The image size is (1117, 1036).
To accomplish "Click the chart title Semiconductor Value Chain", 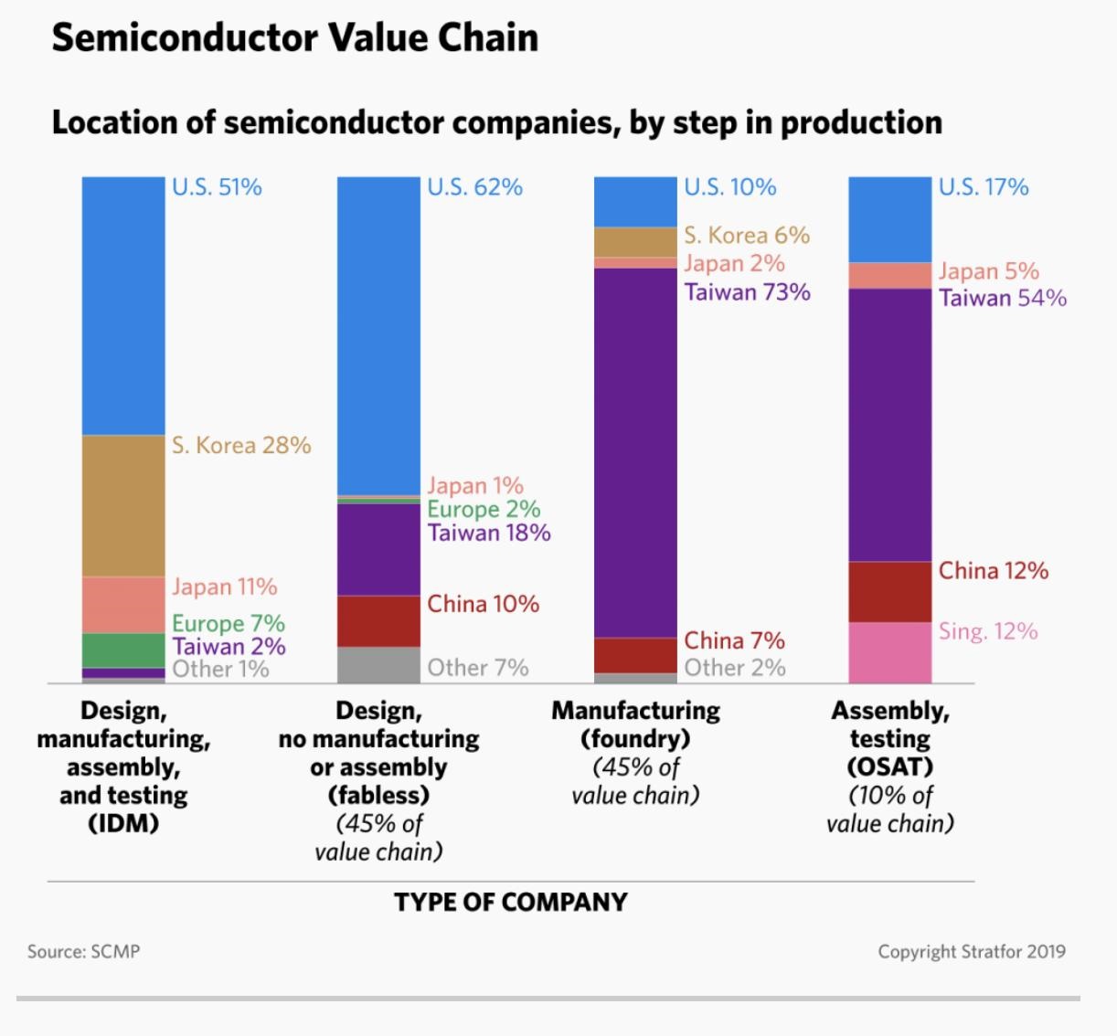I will tap(294, 38).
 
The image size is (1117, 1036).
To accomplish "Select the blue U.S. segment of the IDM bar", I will tap(123, 306).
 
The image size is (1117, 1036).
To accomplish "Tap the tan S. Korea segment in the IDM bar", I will tap(123, 505).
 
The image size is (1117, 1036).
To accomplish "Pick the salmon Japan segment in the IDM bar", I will tap(123, 605).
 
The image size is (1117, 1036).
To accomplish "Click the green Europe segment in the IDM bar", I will tap(123, 650).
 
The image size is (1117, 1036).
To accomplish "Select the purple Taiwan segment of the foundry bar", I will tap(635, 452).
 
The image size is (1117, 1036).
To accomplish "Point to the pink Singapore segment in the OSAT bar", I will tap(889, 652).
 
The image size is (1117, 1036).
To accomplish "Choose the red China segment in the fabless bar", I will tap(378, 621).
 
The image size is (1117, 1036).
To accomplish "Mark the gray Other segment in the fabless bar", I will tap(378, 665).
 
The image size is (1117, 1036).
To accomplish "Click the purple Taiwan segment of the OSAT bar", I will tap(889, 425).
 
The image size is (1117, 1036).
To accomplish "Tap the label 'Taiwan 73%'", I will tap(747, 292).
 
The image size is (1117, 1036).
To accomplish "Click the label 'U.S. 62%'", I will tap(474, 187).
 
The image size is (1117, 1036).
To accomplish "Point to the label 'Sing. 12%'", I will tap(987, 631).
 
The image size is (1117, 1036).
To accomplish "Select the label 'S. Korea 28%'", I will tap(241, 446).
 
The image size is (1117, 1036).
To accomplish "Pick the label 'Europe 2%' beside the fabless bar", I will tap(483, 509).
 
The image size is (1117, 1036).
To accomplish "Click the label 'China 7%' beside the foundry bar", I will tap(734, 640).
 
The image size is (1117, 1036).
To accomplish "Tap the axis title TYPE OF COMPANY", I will tap(510, 903).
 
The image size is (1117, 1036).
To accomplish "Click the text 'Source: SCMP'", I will tap(83, 952).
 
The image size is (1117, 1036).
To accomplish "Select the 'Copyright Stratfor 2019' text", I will tap(971, 952).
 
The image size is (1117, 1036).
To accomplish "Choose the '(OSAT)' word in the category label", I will tap(889, 766).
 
